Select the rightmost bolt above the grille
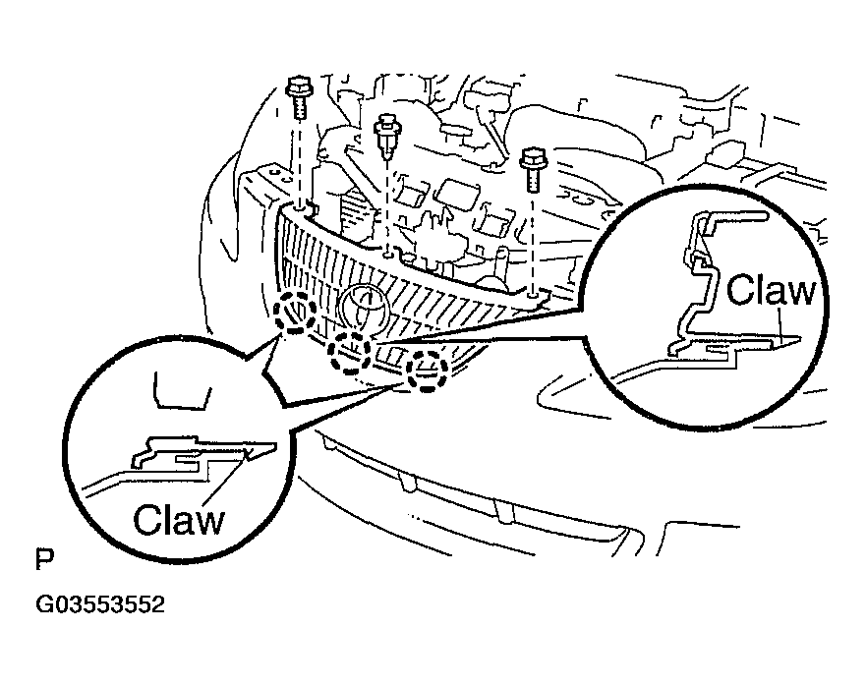pyautogui.click(x=533, y=169)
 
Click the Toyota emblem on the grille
pyautogui.click(x=365, y=311)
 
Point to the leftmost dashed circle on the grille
pyautogui.click(x=295, y=312)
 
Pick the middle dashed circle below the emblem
pyautogui.click(x=350, y=355)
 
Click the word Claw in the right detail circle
pyautogui.click(x=771, y=290)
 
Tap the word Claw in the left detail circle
pyautogui.click(x=179, y=519)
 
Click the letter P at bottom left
pyautogui.click(x=44, y=559)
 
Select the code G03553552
pyautogui.click(x=100, y=604)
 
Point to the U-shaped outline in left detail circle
pyautogui.click(x=182, y=408)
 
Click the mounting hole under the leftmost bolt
pyautogui.click(x=300, y=209)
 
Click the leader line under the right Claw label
pyautogui.click(x=780, y=326)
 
